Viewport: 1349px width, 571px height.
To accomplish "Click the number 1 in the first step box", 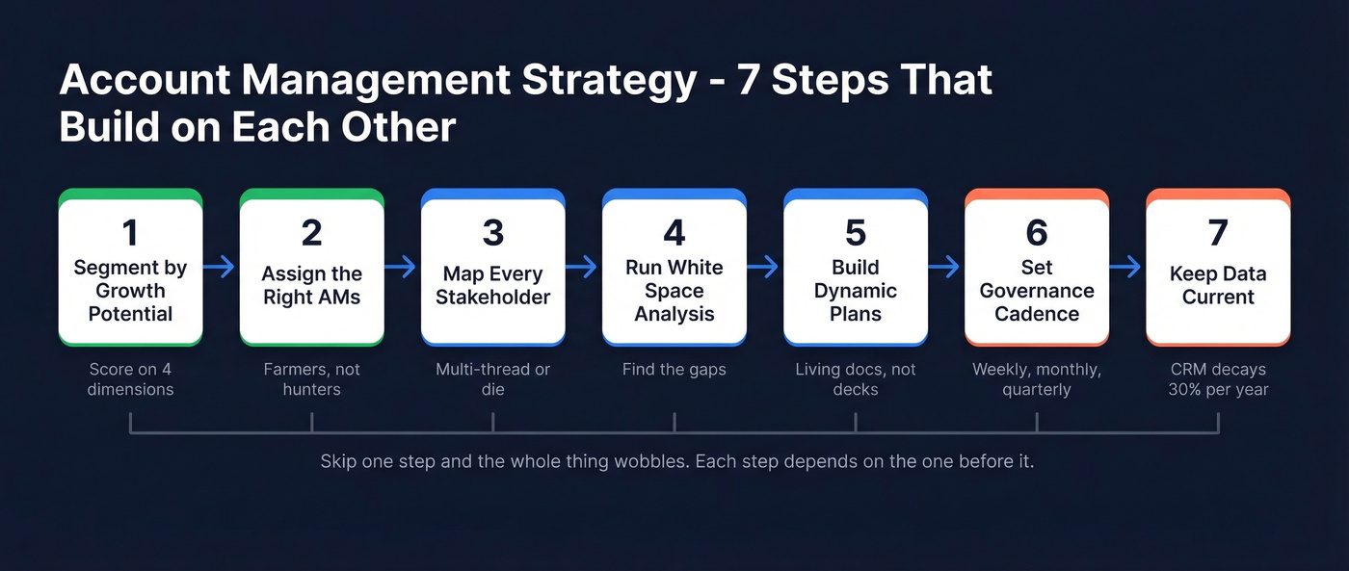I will [130, 233].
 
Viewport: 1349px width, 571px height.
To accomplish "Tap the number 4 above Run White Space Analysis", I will [674, 233].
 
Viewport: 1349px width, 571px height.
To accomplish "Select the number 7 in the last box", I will [1218, 233].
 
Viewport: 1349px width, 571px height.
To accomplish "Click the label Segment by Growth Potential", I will [130, 291].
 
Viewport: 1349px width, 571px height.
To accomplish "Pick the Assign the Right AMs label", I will [312, 285].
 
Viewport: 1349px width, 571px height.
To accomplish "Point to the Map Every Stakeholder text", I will [493, 285].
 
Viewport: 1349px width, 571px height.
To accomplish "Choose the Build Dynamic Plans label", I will [856, 291].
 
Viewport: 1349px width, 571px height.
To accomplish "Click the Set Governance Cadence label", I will [1037, 291].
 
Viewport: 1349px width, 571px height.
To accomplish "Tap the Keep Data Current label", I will [1218, 285].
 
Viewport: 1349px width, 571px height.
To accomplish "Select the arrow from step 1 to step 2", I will [221, 267].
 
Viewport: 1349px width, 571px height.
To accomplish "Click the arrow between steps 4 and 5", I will [764, 267].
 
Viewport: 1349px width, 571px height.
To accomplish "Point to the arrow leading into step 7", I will [1127, 267].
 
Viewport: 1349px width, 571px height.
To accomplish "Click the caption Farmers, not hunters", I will [312, 379].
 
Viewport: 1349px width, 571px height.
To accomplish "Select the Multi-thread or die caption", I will [493, 379].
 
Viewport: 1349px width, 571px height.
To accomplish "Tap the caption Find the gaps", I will [674, 370].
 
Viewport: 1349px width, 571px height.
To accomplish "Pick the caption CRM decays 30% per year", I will [1218, 379].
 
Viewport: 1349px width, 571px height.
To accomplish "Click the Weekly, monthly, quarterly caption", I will [1037, 379].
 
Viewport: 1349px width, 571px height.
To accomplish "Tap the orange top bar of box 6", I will [1037, 194].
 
